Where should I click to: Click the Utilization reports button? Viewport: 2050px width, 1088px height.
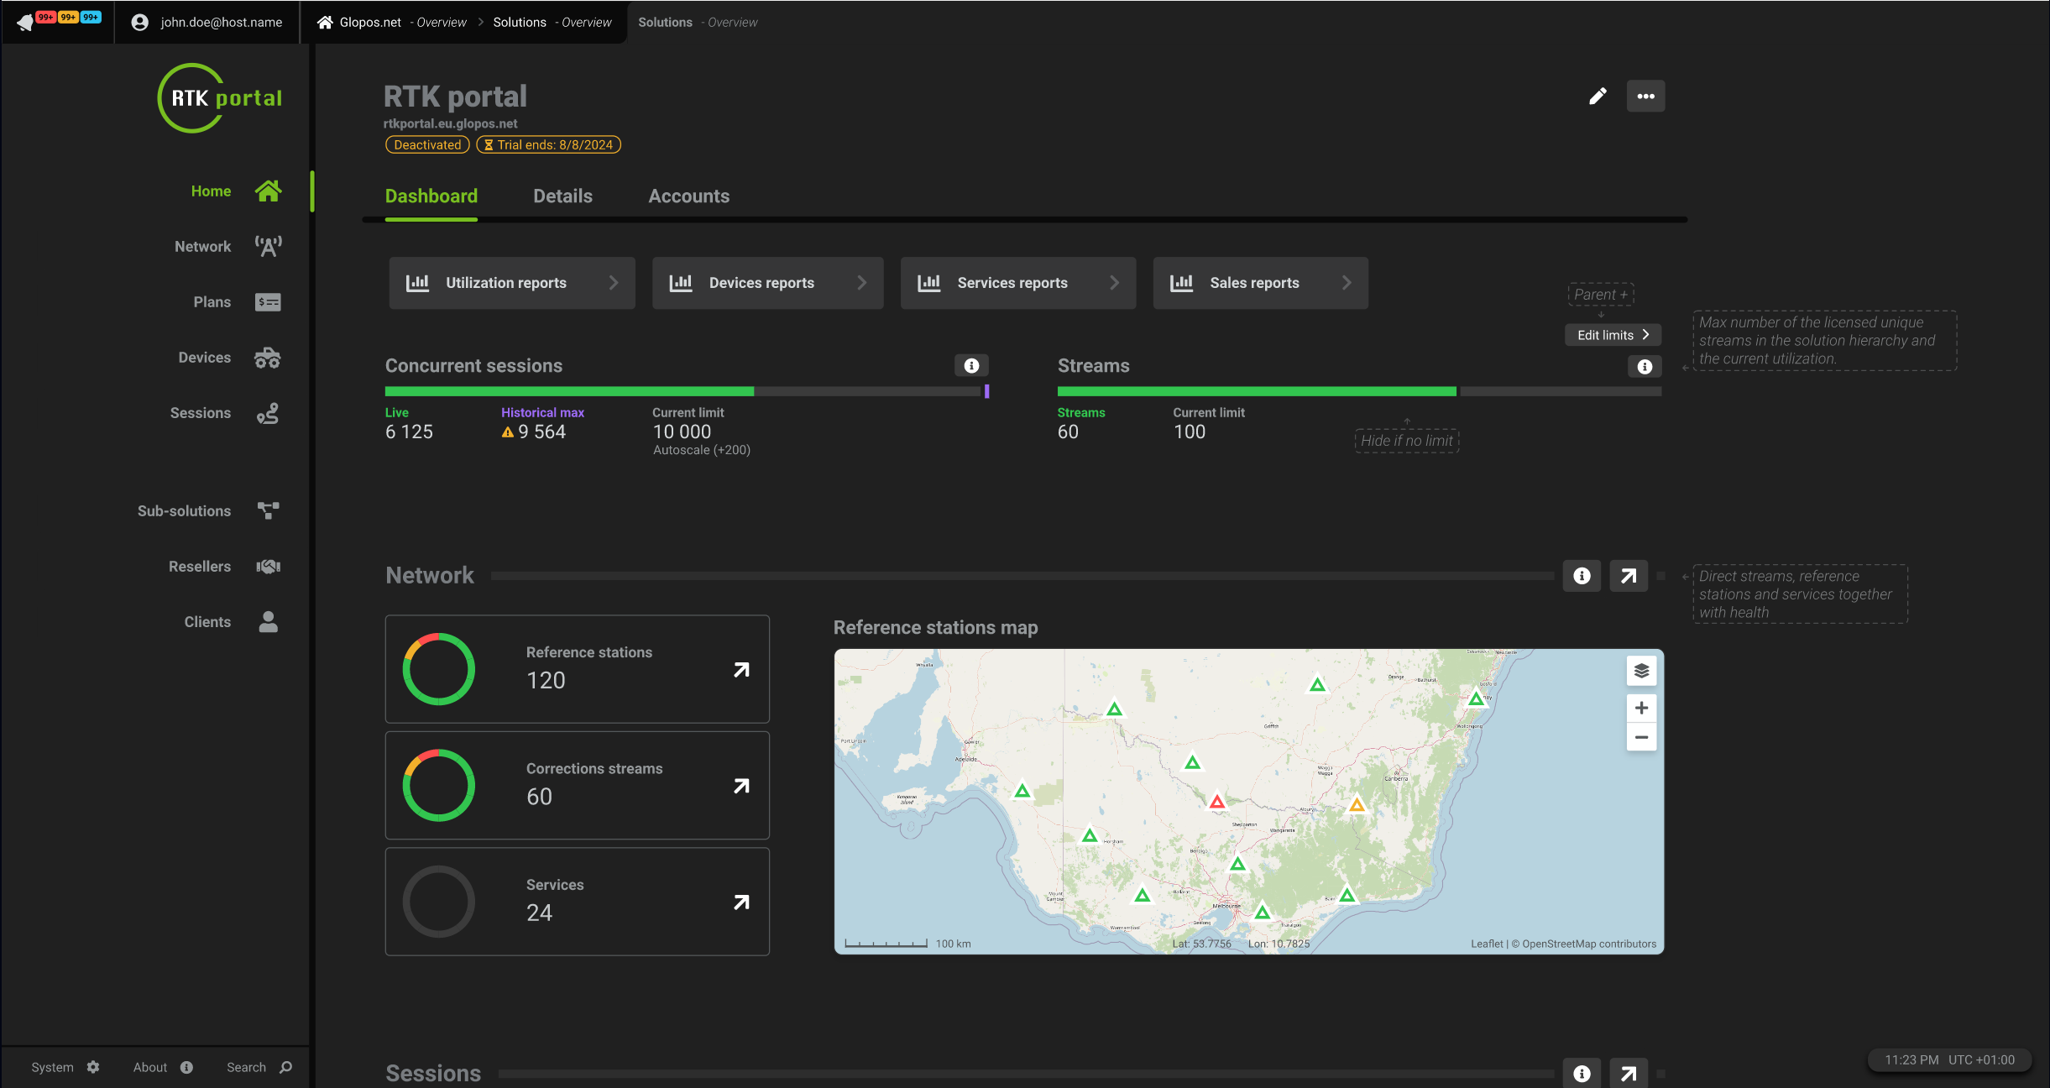pyautogui.click(x=511, y=283)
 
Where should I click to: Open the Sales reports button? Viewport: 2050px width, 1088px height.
pyautogui.click(x=1259, y=283)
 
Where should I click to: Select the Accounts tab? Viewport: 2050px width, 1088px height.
pyautogui.click(x=688, y=196)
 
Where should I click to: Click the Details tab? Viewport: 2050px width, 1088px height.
pyautogui.click(x=562, y=196)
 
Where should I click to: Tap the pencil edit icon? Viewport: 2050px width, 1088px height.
pyautogui.click(x=1598, y=97)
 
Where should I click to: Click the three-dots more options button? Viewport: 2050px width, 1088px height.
pyautogui.click(x=1645, y=97)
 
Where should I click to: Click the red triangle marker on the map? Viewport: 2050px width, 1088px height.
pyautogui.click(x=1216, y=803)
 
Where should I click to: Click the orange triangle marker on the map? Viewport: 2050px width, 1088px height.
pyautogui.click(x=1357, y=806)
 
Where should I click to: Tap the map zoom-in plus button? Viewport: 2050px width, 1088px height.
pyautogui.click(x=1641, y=709)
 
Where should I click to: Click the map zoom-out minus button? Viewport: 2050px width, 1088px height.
pyautogui.click(x=1641, y=738)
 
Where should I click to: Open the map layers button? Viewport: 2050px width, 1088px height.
pyautogui.click(x=1641, y=671)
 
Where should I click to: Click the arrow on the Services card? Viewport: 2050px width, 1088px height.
pyautogui.click(x=741, y=902)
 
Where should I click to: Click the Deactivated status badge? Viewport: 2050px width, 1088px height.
pyautogui.click(x=427, y=145)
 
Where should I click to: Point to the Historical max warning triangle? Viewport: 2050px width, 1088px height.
pyautogui.click(x=507, y=432)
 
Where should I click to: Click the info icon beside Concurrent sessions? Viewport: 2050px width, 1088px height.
pyautogui.click(x=971, y=366)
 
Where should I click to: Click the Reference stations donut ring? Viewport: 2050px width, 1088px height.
pyautogui.click(x=438, y=669)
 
